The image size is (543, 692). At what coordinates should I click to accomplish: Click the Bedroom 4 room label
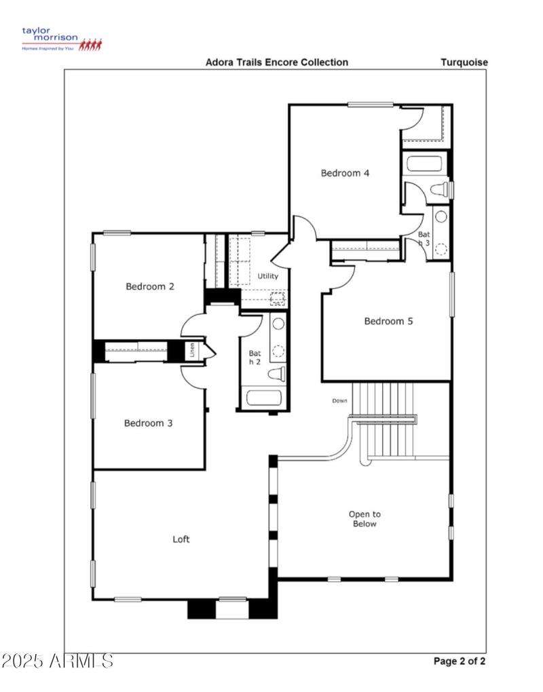pos(345,173)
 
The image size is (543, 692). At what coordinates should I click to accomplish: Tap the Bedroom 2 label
pos(150,286)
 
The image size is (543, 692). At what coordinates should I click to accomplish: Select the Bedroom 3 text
pos(148,423)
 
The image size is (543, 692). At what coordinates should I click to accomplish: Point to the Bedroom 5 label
pos(388,321)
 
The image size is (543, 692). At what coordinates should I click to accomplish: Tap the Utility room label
pos(268,276)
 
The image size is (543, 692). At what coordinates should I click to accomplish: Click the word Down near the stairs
pos(339,401)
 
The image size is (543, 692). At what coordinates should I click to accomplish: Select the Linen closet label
pos(193,351)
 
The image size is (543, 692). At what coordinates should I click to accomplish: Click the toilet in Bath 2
pos(276,374)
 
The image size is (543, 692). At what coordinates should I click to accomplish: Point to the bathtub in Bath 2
pos(265,397)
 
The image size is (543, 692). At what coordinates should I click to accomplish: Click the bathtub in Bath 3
pos(424,164)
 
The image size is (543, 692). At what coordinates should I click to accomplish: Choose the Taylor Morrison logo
pos(61,39)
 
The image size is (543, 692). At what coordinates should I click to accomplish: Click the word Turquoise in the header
pos(464,62)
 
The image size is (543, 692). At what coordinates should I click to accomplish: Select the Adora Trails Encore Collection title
pos(277,62)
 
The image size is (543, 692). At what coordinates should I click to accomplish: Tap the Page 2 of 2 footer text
pos(459,661)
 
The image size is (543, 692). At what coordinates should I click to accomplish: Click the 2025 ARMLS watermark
pos(57,660)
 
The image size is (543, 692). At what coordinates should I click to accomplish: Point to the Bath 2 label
pos(255,358)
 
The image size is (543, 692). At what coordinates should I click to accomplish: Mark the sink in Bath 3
pos(441,217)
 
